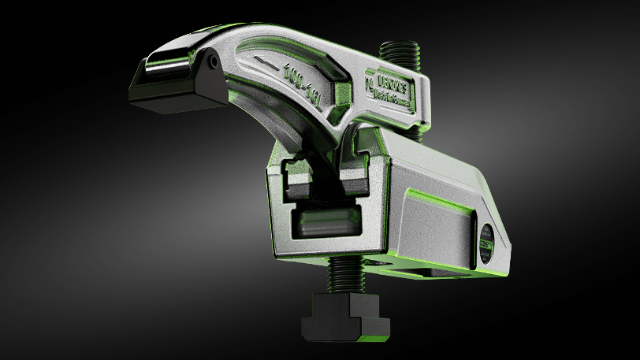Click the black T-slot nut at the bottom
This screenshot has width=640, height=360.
point(340,317)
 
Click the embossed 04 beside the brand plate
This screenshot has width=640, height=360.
point(370,86)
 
